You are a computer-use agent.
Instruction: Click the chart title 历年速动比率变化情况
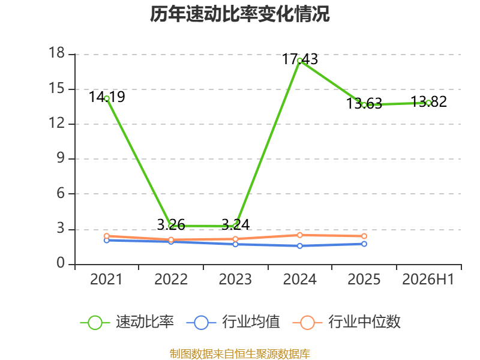point(239,14)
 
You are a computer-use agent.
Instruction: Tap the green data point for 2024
point(299,61)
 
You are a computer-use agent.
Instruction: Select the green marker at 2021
point(107,98)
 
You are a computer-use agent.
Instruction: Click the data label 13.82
point(428,102)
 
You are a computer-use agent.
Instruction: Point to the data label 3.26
point(171,225)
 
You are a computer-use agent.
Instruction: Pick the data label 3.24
point(235,225)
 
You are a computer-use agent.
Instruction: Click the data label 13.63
point(364,103)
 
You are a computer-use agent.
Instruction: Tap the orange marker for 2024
point(299,235)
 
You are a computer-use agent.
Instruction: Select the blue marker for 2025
point(364,244)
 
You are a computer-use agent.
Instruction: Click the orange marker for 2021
point(107,236)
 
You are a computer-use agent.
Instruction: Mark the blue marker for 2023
point(235,244)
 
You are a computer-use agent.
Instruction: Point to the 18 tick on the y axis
point(57,53)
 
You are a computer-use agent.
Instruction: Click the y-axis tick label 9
point(61,158)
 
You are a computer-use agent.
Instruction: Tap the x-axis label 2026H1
point(428,280)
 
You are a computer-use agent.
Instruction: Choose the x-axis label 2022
point(171,280)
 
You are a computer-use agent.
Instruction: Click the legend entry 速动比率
point(127,322)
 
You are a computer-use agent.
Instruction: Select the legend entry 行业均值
point(233,322)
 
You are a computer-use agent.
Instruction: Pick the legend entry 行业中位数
point(347,322)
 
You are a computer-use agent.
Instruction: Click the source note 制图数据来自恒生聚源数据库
point(239,354)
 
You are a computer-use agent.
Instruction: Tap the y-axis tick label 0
point(61,263)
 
